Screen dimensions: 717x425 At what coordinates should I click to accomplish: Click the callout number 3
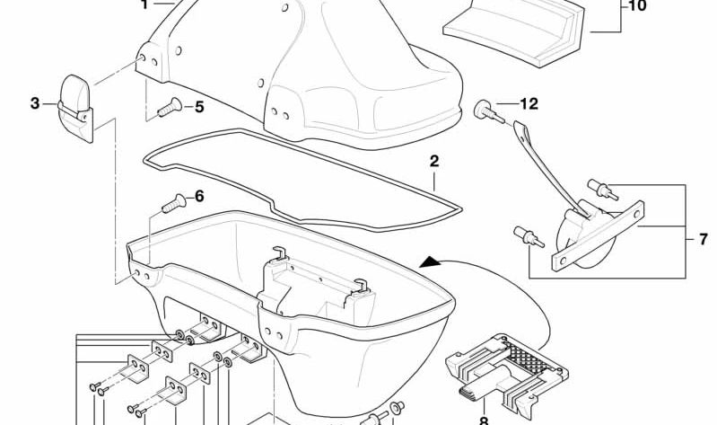tap(35, 103)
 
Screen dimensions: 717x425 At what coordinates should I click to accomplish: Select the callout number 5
tap(199, 107)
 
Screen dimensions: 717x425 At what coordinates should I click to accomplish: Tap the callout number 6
tap(199, 197)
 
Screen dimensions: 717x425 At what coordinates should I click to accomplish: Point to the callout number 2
tap(434, 161)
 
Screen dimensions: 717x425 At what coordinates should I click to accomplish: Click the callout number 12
tap(529, 104)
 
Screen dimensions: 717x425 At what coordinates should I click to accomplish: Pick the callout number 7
tap(704, 239)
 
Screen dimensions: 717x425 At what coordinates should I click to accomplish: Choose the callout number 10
tap(637, 6)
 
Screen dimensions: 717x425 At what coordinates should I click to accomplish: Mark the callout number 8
tap(484, 421)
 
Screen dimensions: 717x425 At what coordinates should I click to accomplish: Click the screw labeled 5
tap(170, 107)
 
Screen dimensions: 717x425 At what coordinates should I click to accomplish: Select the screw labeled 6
tap(174, 203)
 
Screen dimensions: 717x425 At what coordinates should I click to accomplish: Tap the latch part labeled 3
tap(76, 108)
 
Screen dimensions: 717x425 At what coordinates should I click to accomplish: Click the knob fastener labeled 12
tap(489, 112)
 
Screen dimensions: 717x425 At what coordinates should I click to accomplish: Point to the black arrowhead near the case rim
tap(429, 262)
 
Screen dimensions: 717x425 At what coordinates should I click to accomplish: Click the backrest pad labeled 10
tap(514, 31)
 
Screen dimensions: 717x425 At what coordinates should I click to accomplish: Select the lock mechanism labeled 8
tap(507, 374)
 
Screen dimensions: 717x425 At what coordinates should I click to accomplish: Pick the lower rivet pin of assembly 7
tap(529, 236)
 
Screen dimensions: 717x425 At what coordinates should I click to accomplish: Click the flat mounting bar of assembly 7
tap(598, 237)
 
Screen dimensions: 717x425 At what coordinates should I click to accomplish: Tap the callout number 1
tap(144, 5)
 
